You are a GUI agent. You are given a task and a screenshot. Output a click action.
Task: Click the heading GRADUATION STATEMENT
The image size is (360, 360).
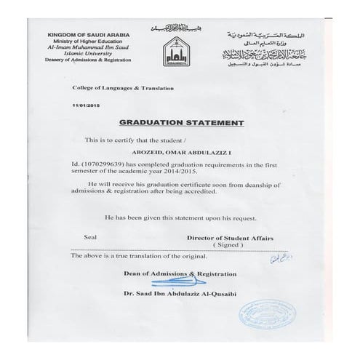(x=180, y=124)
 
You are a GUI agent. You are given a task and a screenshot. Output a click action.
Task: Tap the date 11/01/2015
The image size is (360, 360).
(x=86, y=106)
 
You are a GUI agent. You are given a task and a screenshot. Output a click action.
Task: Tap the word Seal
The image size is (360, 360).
(x=92, y=237)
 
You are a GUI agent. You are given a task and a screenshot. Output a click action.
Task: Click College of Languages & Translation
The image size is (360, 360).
(x=123, y=87)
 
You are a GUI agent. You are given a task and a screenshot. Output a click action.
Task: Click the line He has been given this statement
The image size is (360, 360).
(x=180, y=217)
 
